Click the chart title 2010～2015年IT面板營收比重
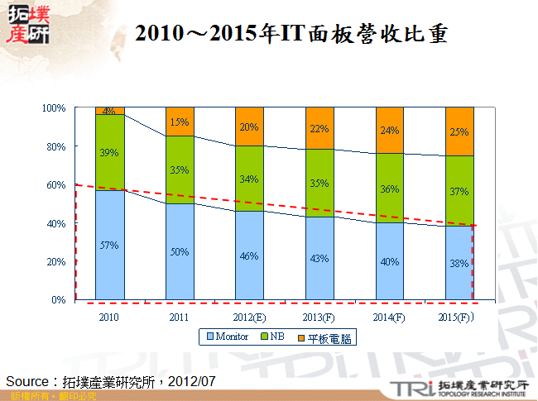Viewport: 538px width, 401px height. [291, 34]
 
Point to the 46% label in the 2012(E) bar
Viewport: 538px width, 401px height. [250, 256]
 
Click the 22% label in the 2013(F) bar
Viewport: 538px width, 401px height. [319, 128]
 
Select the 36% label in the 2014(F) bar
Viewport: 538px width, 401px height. [390, 189]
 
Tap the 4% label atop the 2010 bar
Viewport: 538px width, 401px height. [109, 111]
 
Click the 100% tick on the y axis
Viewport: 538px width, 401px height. [55, 108]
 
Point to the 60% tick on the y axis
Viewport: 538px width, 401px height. [56, 185]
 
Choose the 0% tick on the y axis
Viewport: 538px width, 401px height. [59, 300]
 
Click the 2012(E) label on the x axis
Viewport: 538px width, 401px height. [249, 317]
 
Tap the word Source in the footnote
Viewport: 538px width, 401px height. [29, 381]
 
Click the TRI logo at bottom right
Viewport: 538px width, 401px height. [407, 387]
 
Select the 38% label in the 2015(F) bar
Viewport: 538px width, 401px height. [459, 263]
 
